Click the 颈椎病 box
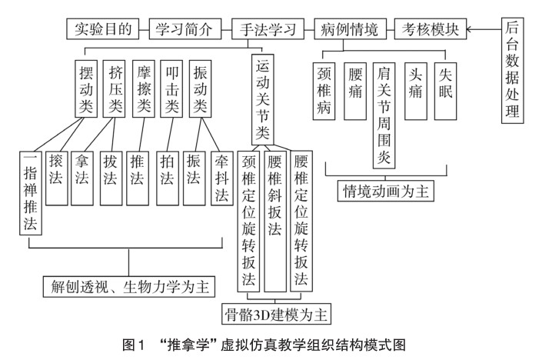point(326,90)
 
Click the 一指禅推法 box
point(30,193)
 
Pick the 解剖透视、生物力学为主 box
point(128,285)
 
